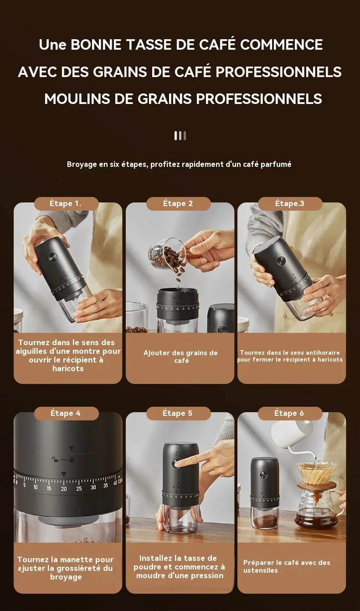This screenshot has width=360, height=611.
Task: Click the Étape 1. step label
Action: click(x=66, y=203)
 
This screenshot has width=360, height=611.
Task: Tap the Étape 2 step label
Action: click(x=178, y=203)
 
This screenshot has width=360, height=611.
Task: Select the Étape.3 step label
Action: click(x=290, y=203)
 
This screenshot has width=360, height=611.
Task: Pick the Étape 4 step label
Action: click(x=66, y=413)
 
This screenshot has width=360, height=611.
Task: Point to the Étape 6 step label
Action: click(x=289, y=413)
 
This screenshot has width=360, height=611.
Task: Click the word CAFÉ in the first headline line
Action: click(x=217, y=45)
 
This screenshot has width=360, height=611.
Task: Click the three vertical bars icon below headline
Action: click(x=180, y=135)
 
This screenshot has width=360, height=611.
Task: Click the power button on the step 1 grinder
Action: click(x=52, y=257)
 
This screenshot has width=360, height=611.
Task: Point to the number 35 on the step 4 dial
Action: click(x=106, y=486)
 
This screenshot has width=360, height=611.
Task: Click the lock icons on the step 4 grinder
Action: click(x=63, y=460)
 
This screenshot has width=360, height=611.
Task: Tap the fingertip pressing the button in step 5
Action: click(x=177, y=463)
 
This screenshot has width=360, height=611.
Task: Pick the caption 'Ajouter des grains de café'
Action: click(x=180, y=357)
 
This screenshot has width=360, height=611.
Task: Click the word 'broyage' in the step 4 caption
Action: click(x=66, y=577)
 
